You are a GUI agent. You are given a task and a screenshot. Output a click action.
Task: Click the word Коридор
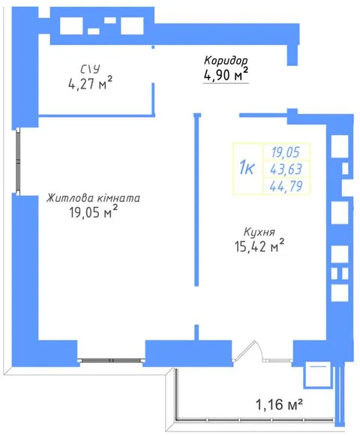coord(226,60)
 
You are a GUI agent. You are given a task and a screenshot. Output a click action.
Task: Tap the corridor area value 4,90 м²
coord(226,74)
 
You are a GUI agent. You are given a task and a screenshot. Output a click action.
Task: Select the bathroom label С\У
coord(90,69)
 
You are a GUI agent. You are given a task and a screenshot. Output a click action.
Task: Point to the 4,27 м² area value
coord(90,83)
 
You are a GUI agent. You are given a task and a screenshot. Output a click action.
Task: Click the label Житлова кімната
coord(93,198)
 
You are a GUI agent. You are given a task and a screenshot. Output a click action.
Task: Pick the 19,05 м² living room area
coord(93,212)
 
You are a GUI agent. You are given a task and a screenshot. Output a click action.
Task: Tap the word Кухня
coord(259,232)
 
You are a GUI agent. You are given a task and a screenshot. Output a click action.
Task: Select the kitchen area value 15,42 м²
coord(259,246)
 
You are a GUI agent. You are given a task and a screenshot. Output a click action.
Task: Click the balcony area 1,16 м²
coord(279,404)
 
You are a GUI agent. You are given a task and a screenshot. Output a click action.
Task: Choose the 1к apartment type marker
coord(247,168)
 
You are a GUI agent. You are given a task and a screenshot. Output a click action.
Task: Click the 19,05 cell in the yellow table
coord(286,152)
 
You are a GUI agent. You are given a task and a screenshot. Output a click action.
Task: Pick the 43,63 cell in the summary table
coord(286,169)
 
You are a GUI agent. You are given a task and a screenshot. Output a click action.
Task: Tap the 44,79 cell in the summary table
coord(286,186)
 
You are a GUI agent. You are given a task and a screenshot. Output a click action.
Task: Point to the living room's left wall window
coord(18,161)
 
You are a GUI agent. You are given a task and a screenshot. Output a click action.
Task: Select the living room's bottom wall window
coord(111,360)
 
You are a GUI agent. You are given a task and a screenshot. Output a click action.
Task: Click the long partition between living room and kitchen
coord(196,200)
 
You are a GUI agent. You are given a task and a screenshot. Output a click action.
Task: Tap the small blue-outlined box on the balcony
coord(317,374)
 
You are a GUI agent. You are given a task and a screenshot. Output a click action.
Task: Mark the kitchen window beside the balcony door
coord(278,360)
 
